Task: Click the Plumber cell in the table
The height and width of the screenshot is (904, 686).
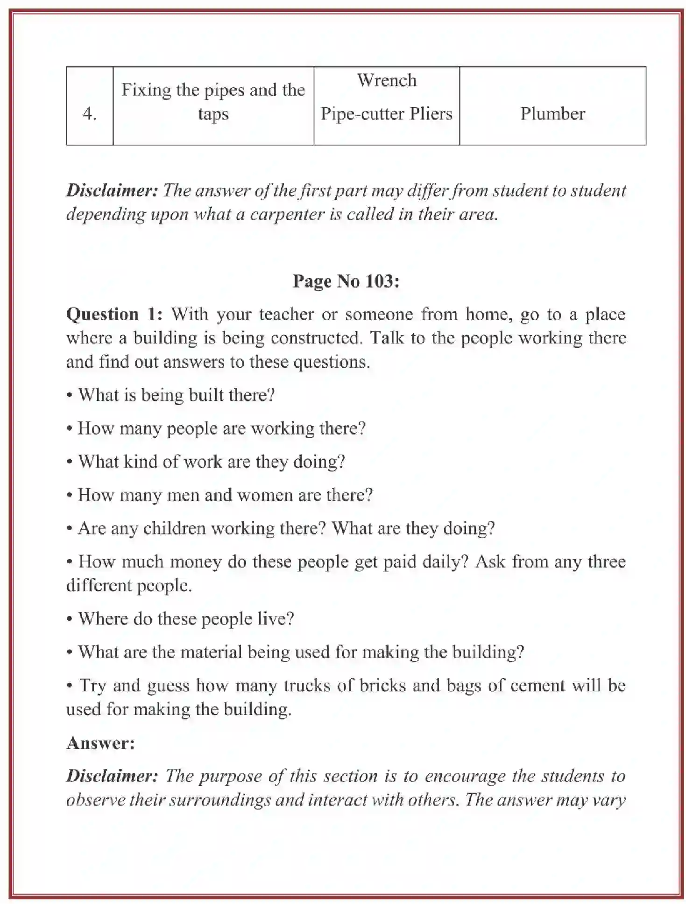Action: click(x=552, y=114)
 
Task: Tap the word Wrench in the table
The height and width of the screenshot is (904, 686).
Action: click(x=387, y=80)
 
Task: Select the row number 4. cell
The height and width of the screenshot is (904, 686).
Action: click(x=89, y=114)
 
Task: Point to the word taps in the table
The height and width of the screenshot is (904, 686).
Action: click(x=213, y=114)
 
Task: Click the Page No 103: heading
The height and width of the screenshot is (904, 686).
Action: click(x=346, y=281)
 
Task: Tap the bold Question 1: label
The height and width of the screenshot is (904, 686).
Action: click(x=114, y=314)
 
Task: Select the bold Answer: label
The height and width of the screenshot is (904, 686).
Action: click(x=100, y=743)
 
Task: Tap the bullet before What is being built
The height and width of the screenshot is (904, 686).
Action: click(x=70, y=396)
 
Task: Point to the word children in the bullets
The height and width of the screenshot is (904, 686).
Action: click(x=174, y=528)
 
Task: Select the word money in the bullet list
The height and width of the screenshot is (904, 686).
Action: click(x=195, y=561)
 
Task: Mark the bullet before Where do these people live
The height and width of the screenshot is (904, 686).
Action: click(x=70, y=619)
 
